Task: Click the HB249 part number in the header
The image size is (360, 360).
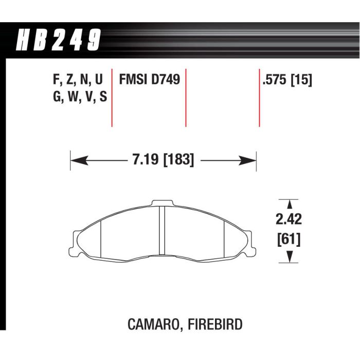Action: (x=58, y=40)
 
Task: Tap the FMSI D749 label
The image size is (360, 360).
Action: (x=150, y=80)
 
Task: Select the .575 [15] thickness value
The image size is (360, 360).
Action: (x=287, y=80)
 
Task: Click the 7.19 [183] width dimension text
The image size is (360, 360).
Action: (x=163, y=160)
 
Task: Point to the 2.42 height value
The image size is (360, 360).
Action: (x=289, y=219)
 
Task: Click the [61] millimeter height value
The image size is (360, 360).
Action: (x=289, y=240)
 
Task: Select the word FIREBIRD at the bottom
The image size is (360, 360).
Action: (x=215, y=324)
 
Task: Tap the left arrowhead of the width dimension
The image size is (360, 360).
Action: (x=79, y=160)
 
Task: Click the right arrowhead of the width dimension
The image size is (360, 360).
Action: (x=247, y=160)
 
